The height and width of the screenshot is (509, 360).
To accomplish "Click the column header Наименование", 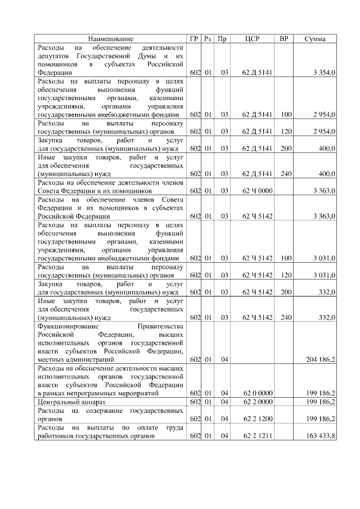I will (111, 39).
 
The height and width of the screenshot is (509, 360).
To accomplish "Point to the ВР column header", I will (286, 39).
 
